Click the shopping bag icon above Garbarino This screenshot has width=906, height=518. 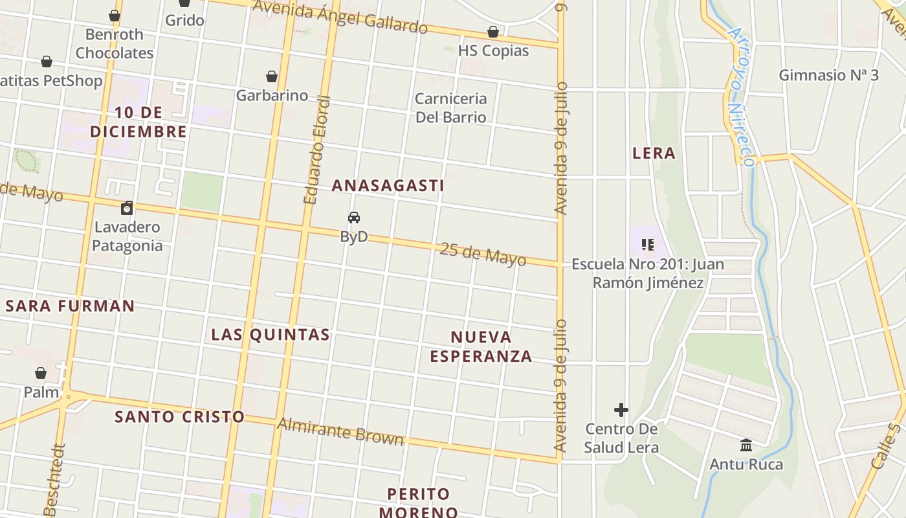coord(272,77)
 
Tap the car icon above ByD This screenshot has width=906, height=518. coord(354,218)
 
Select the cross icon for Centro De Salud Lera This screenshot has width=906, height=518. coord(621,410)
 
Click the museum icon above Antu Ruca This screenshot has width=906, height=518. coord(746,445)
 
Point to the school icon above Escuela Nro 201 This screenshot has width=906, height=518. coord(647,245)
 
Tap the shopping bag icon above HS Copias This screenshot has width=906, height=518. coord(493,32)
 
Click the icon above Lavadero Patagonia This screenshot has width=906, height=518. coord(127,208)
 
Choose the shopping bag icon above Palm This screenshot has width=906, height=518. coord(41,373)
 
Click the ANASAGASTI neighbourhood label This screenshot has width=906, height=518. coord(388,185)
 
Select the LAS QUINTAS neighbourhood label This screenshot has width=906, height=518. coord(271,334)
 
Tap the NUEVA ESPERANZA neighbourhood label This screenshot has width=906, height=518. coord(481,346)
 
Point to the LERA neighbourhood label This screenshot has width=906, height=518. coord(654,153)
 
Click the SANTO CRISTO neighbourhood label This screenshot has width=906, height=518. coord(179,416)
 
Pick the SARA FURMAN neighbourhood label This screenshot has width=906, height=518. coord(70,306)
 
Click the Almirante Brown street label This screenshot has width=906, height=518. coord(340,432)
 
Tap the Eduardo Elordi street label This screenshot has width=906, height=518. coord(317,150)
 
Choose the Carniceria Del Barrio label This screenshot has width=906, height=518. coord(450,107)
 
